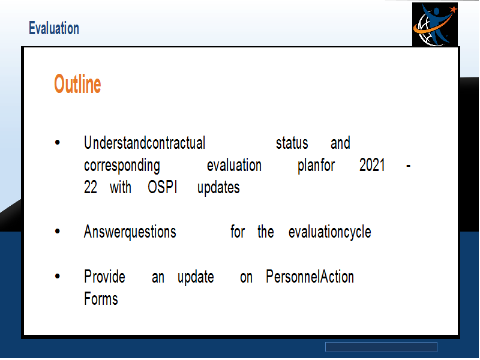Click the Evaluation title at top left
coord(54,28)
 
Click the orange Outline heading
coord(77,84)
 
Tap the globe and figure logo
coord(434,25)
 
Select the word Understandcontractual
coord(145,143)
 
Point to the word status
coord(292,143)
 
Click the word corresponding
coord(122,166)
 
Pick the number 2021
coord(372,166)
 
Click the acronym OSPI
coord(162,187)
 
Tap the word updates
coord(218,188)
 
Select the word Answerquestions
coord(130,232)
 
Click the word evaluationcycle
coord(329,232)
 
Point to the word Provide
coord(104,277)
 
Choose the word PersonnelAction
coord(310,277)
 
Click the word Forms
coord(101,299)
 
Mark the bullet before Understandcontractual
coord(57,142)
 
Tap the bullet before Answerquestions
coord(57,232)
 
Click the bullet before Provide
coord(57,276)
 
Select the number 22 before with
coord(91,187)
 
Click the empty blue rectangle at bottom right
coord(381,347)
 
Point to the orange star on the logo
coord(454,9)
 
